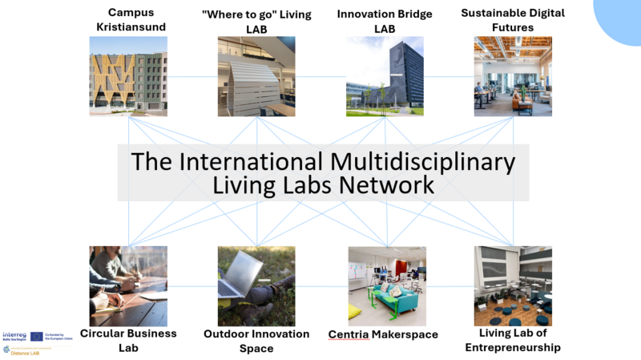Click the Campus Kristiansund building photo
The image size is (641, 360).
point(128,76)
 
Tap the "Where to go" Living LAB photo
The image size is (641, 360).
point(256,76)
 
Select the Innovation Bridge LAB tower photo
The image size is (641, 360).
point(385,76)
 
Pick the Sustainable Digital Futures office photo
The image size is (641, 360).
point(513,76)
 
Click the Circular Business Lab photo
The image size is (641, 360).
point(128,285)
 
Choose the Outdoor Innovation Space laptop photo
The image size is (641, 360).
point(256,285)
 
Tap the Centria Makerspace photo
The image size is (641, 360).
point(387,285)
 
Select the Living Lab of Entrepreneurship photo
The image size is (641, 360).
point(513,285)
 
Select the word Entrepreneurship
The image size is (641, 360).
point(513,347)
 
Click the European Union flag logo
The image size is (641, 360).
point(37,336)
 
